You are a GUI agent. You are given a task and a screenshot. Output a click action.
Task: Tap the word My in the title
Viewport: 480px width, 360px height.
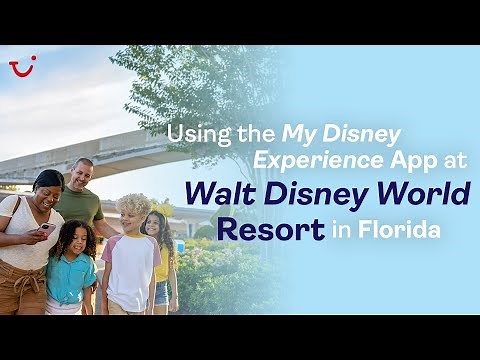click(297, 133)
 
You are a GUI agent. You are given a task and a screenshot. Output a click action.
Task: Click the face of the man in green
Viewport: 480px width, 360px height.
click(83, 176)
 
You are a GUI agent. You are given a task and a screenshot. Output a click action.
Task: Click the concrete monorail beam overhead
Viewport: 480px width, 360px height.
click(90, 151)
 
